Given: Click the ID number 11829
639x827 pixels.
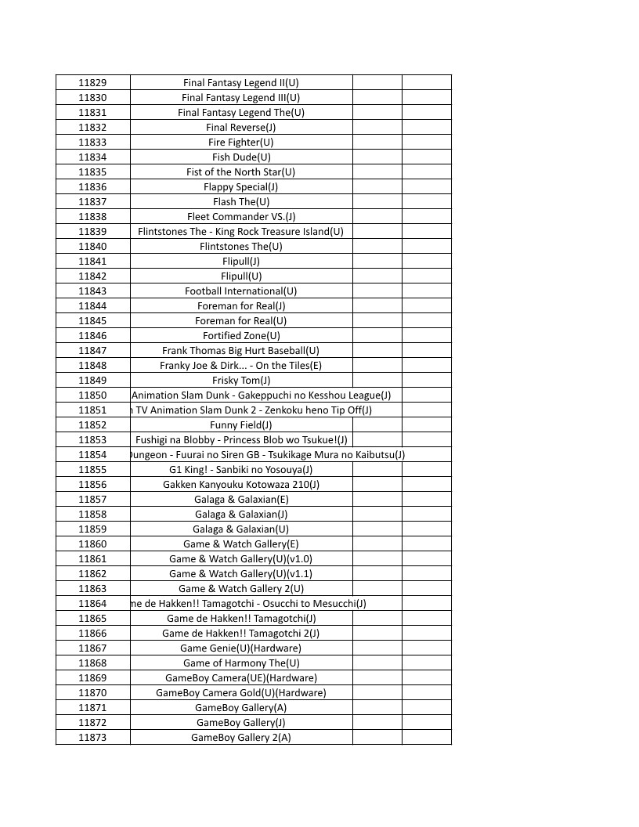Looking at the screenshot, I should pyautogui.click(x=92, y=83).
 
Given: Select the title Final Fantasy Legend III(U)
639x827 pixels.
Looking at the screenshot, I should pyautogui.click(x=240, y=98).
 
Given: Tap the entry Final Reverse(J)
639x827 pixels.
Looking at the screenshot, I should pyautogui.click(x=240, y=128).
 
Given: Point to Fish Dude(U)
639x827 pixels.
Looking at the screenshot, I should pyautogui.click(x=240, y=157).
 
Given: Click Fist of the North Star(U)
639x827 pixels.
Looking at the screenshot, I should pyautogui.click(x=240, y=172).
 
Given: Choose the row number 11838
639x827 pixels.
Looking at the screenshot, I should pyautogui.click(x=92, y=217).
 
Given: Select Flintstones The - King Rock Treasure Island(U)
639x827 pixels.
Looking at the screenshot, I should pyautogui.click(x=240, y=232).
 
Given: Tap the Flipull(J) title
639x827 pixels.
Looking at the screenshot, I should pyautogui.click(x=240, y=262).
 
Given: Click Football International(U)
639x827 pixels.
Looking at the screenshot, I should pyautogui.click(x=240, y=291).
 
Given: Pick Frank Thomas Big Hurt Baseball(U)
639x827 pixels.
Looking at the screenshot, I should pyautogui.click(x=240, y=351).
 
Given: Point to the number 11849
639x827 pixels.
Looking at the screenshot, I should pyautogui.click(x=92, y=381).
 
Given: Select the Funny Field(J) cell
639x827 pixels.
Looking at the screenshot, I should pyautogui.click(x=240, y=425).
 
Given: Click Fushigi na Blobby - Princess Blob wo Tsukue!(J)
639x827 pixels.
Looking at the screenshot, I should pyautogui.click(x=240, y=440).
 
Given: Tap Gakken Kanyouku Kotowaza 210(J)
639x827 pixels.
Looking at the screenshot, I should pyautogui.click(x=240, y=485).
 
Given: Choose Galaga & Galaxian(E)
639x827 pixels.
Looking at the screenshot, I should pyautogui.click(x=240, y=500).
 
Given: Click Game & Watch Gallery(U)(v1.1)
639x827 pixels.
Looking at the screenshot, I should pyautogui.click(x=240, y=574).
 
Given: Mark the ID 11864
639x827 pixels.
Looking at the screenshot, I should pyautogui.click(x=92, y=604).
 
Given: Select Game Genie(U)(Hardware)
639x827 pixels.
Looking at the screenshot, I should pyautogui.click(x=240, y=648).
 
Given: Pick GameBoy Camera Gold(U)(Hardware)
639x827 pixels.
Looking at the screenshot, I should pyautogui.click(x=240, y=693).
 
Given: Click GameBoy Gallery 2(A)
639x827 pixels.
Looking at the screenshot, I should pyautogui.click(x=240, y=738).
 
